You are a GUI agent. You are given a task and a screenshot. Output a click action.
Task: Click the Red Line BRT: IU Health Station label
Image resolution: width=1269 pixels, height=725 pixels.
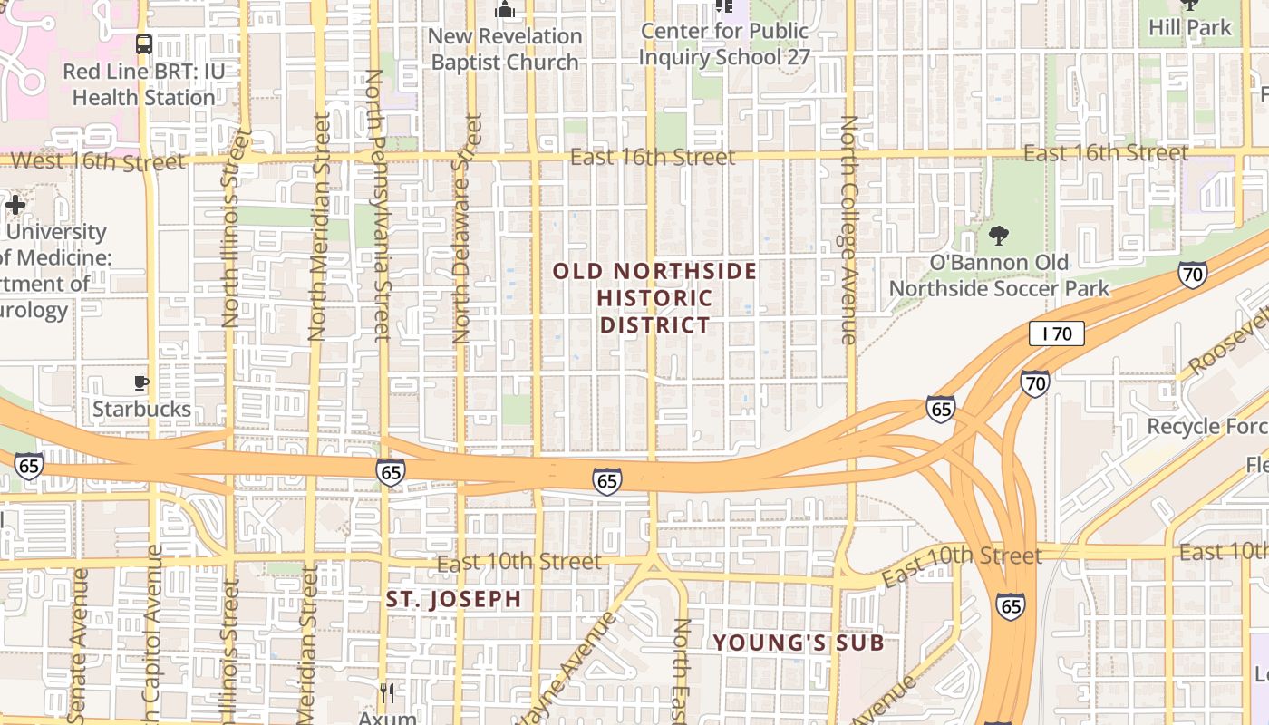click(143, 84)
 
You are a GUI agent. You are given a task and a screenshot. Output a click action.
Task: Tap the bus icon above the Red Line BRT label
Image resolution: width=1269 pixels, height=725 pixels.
click(143, 43)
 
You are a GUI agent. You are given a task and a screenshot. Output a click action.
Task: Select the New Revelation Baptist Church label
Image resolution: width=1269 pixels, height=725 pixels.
click(505, 49)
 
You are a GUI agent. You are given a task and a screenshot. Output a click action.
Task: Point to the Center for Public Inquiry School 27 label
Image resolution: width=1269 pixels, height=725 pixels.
click(724, 43)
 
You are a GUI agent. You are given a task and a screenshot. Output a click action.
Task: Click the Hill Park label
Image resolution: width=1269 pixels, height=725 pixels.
click(1190, 27)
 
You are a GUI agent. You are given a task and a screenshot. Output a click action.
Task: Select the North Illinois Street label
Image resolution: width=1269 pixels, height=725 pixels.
click(233, 228)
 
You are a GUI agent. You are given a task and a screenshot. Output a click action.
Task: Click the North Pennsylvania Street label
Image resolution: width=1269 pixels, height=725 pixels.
click(376, 204)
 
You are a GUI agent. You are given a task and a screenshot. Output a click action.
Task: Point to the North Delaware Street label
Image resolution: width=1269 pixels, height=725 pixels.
click(464, 228)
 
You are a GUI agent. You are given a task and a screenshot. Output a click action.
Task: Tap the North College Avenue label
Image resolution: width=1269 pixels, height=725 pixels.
click(848, 229)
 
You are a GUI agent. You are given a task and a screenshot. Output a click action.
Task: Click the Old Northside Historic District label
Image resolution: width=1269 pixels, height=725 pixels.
click(654, 298)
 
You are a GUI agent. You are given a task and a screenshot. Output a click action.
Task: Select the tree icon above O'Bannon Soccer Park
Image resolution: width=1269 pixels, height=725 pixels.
click(999, 236)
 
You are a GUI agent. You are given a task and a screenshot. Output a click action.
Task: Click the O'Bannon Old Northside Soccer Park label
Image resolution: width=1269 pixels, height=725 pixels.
click(999, 275)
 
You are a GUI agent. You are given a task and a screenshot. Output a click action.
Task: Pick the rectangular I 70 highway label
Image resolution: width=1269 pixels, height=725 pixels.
click(1056, 333)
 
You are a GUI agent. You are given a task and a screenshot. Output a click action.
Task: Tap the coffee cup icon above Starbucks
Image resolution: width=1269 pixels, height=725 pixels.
click(141, 382)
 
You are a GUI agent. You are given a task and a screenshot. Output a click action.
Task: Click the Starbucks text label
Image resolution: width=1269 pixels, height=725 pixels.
click(141, 409)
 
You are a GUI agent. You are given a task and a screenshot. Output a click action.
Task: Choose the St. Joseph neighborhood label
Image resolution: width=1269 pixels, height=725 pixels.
click(453, 599)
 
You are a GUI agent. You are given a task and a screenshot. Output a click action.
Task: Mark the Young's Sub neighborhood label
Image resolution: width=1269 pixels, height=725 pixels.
click(798, 643)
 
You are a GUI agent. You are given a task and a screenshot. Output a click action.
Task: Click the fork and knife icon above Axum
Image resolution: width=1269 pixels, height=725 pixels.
click(387, 693)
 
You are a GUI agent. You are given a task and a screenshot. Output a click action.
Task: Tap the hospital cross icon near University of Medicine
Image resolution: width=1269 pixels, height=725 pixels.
click(15, 205)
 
